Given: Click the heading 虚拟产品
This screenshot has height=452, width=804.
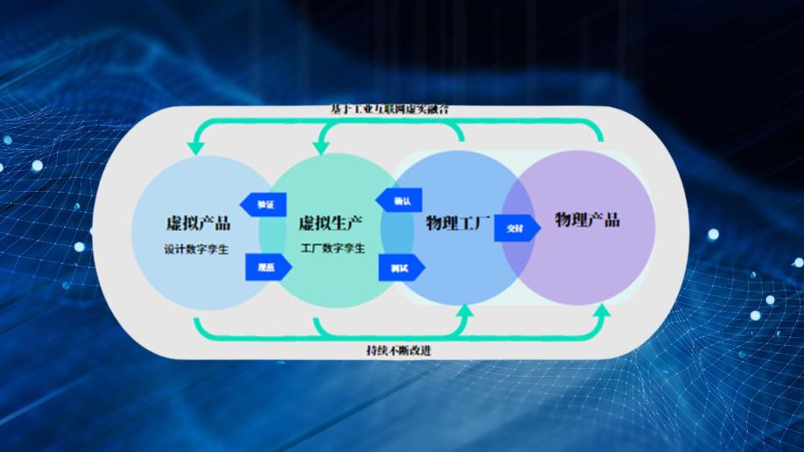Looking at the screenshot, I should [x=198, y=222].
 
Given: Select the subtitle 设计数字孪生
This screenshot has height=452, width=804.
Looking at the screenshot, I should [x=196, y=249].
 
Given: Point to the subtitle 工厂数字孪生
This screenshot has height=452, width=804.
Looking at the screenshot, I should [x=333, y=249].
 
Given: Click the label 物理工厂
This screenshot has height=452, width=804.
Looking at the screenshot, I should [x=458, y=222].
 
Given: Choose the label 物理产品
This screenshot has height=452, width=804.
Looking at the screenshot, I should [x=588, y=220].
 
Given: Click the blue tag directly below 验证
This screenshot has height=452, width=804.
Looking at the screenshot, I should [x=262, y=268].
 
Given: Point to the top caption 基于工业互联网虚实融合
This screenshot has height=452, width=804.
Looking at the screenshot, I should [x=391, y=109].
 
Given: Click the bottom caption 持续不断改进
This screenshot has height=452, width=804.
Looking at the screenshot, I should [x=398, y=350].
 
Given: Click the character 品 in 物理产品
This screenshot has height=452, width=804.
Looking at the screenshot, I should [x=611, y=220].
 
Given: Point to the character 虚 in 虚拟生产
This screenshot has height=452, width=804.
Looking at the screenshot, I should [x=307, y=222].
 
